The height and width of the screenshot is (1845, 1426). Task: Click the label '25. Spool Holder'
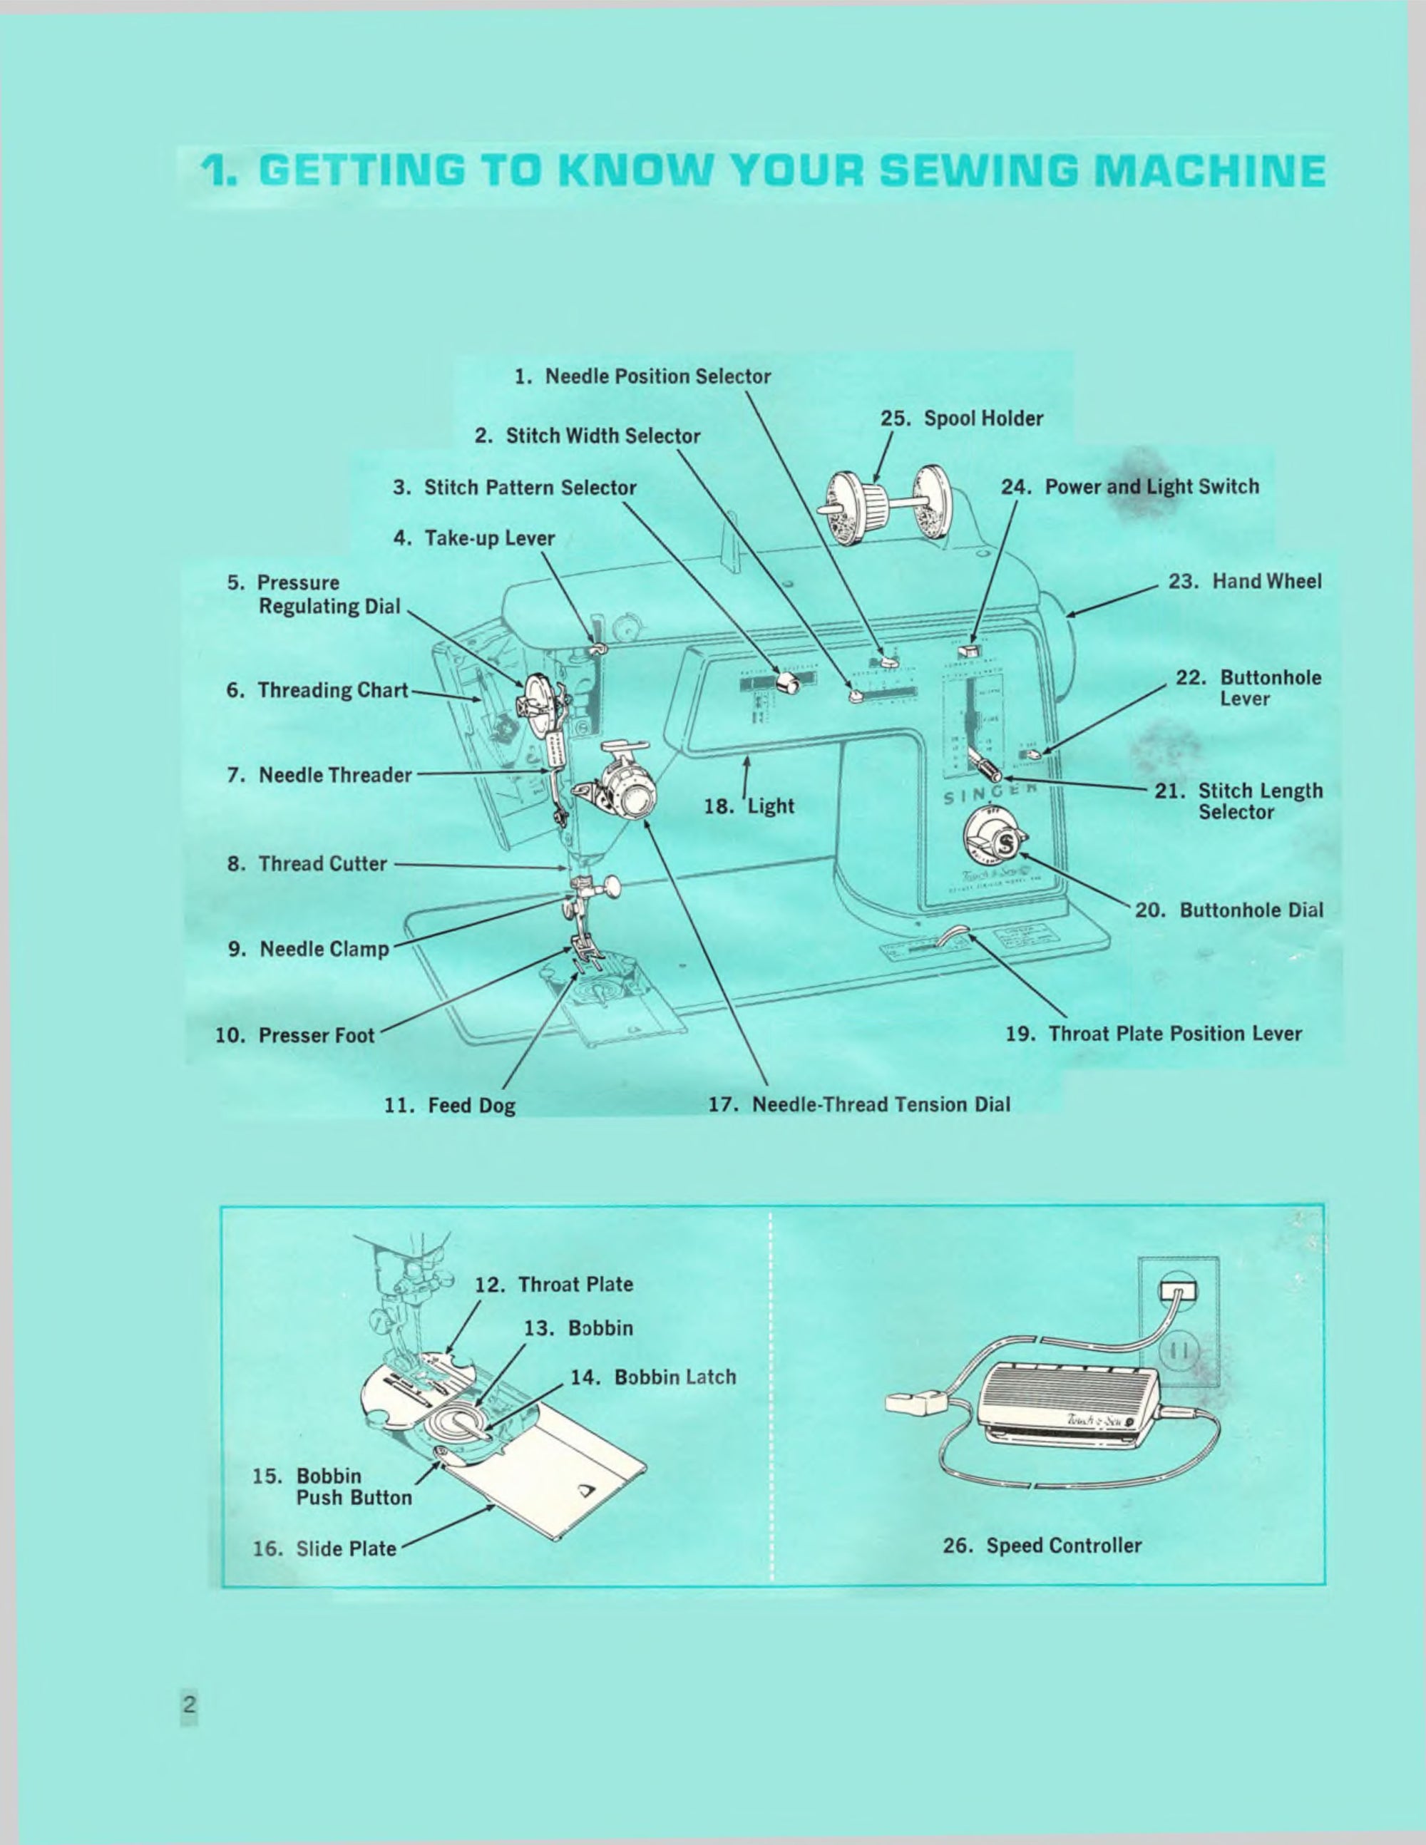[961, 418]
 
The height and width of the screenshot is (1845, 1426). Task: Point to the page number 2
[189, 1704]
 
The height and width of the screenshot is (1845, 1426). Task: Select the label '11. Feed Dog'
[449, 1105]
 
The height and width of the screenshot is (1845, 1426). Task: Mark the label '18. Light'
[749, 805]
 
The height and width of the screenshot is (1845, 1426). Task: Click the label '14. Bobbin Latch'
[653, 1377]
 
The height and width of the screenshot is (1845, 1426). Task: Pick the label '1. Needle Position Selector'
[642, 376]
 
